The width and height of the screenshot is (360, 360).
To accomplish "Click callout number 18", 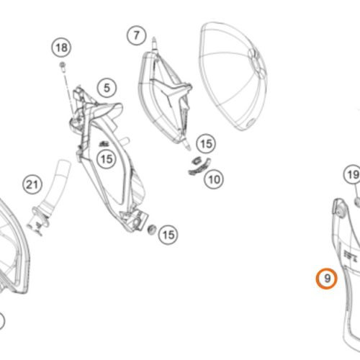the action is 61,48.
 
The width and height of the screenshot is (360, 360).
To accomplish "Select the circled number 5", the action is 107,88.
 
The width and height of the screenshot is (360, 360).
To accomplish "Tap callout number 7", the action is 137,35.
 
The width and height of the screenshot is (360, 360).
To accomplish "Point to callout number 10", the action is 214,179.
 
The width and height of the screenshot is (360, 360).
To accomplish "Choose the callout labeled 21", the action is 32,185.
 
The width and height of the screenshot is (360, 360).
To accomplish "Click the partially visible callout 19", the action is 352,174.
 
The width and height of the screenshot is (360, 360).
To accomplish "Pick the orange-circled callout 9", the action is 327,279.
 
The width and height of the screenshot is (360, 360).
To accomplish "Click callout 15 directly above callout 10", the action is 206,144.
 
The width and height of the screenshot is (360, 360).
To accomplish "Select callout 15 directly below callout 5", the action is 107,159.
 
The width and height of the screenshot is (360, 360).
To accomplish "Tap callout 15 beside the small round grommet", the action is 168,235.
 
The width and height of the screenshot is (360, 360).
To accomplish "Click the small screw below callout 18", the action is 63,66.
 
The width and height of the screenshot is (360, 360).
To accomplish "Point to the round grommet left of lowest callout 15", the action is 151,230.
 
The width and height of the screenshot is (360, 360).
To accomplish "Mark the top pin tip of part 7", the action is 154,38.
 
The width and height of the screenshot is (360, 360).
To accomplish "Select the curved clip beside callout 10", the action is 199,166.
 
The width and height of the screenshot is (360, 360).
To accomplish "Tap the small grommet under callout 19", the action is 357,201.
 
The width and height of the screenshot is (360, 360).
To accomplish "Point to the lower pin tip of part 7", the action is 189,148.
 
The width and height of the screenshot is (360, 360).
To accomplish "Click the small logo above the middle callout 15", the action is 104,143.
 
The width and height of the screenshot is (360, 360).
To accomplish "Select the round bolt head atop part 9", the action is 339,211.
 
